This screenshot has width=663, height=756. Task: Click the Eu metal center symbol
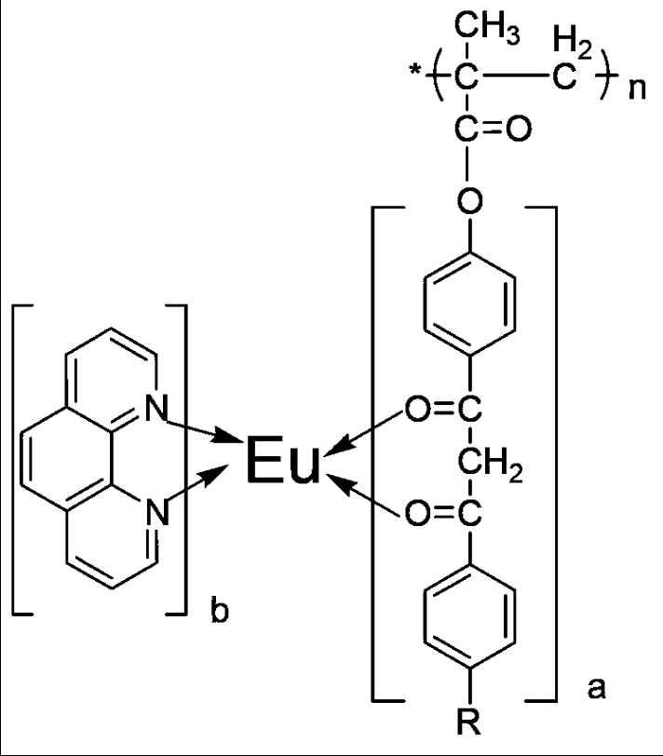(x=282, y=463)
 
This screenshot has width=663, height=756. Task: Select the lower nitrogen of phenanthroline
(x=156, y=511)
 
